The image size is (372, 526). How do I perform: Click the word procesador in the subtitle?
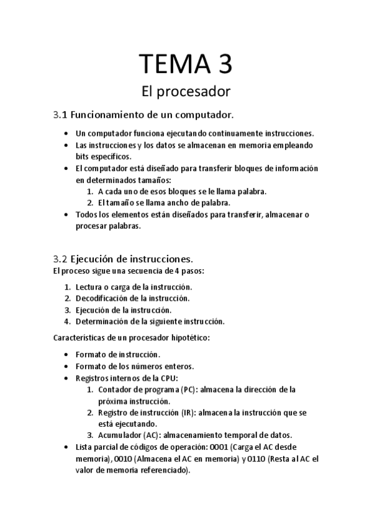pyautogui.click(x=194, y=92)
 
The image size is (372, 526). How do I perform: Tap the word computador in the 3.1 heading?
pyautogui.click(x=198, y=115)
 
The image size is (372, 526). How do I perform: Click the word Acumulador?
pyautogui.click(x=119, y=434)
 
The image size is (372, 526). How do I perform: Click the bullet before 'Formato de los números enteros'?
pyautogui.click(x=66, y=367)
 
